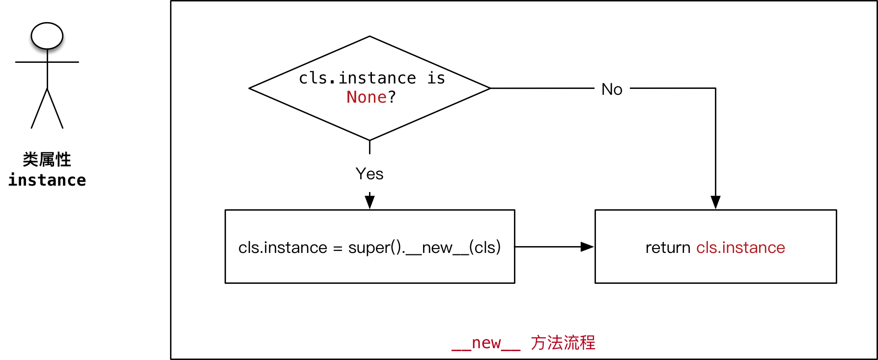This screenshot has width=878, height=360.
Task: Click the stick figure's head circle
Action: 47,36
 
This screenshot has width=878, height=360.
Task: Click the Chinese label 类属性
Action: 47,160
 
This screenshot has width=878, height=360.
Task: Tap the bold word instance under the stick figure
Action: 47,180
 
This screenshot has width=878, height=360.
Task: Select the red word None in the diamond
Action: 367,97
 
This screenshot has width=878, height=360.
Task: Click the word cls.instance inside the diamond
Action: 357,78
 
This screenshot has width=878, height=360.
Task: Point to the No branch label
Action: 612,89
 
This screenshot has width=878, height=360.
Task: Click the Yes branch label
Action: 369,174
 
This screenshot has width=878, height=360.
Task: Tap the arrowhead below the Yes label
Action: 370,201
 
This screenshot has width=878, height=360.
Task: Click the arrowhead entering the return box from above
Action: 715,202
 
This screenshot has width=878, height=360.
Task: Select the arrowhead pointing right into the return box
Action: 587,247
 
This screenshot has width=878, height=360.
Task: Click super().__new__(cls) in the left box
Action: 425,248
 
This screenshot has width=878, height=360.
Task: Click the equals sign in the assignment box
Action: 338,249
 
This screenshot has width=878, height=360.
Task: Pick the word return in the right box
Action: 668,248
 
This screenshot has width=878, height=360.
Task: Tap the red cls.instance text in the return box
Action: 740,248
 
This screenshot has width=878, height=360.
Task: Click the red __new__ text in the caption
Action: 486,343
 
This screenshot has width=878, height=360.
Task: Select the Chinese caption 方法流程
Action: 563,343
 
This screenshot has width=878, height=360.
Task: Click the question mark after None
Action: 392,97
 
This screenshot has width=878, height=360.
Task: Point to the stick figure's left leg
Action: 39,109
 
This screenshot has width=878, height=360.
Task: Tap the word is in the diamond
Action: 436,78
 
